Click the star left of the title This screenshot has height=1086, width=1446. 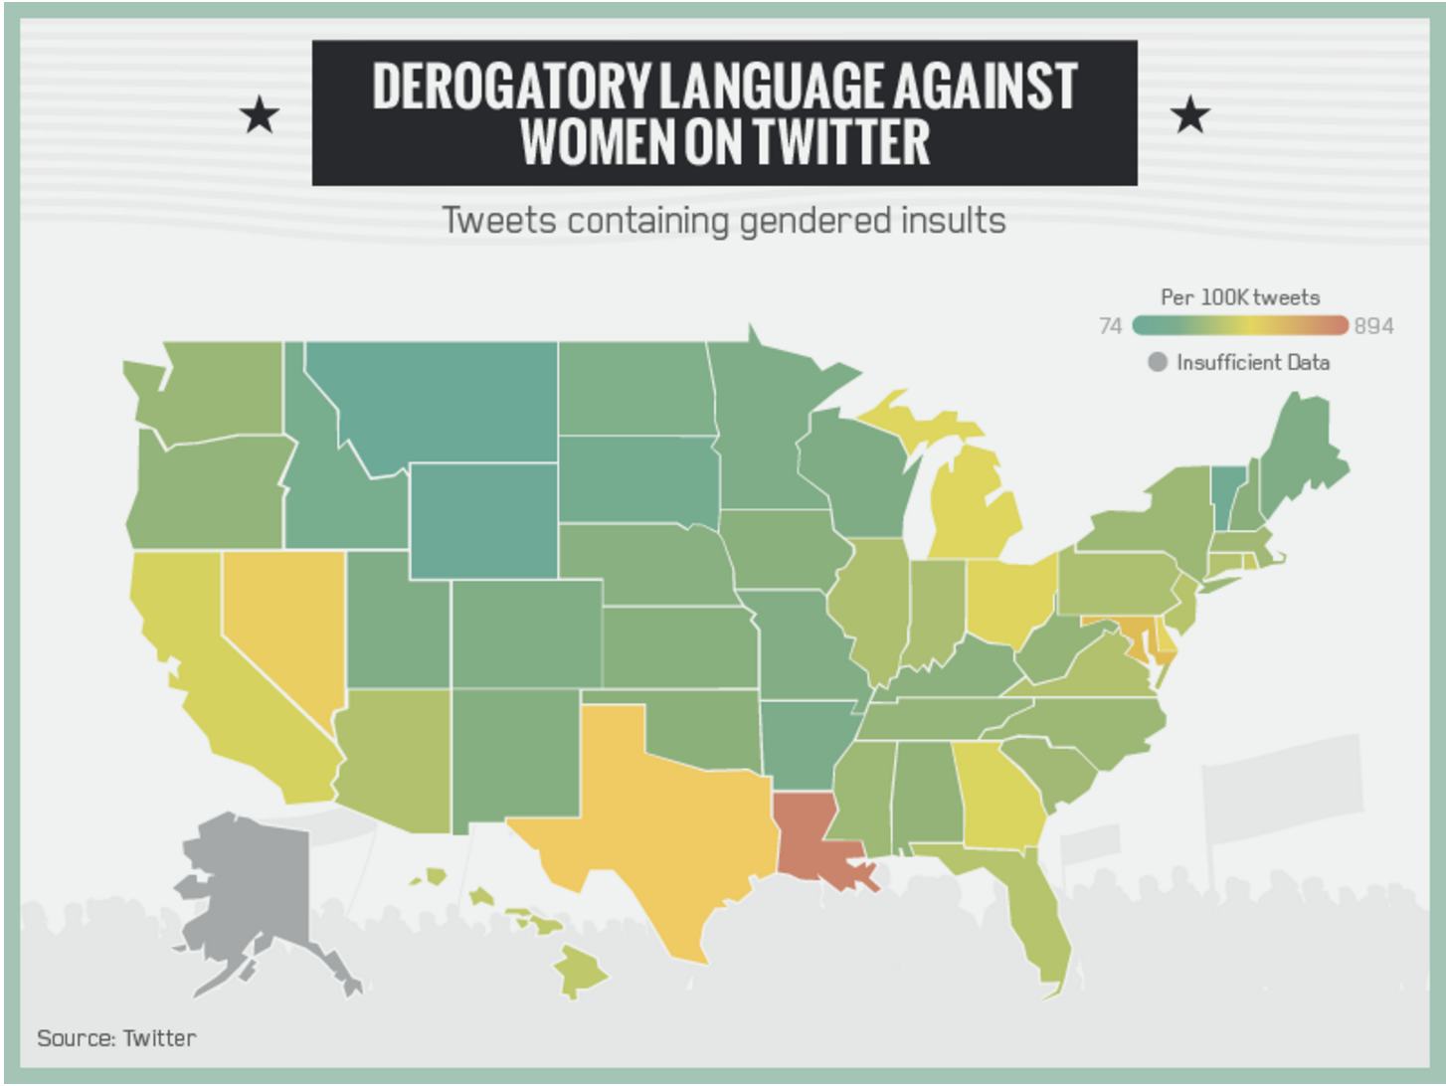261,116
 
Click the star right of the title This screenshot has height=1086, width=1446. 1190,116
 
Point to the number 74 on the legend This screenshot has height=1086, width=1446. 1111,326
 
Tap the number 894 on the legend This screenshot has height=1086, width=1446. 1373,326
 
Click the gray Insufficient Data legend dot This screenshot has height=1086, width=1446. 1157,362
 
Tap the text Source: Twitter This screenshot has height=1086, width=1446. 116,1038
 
